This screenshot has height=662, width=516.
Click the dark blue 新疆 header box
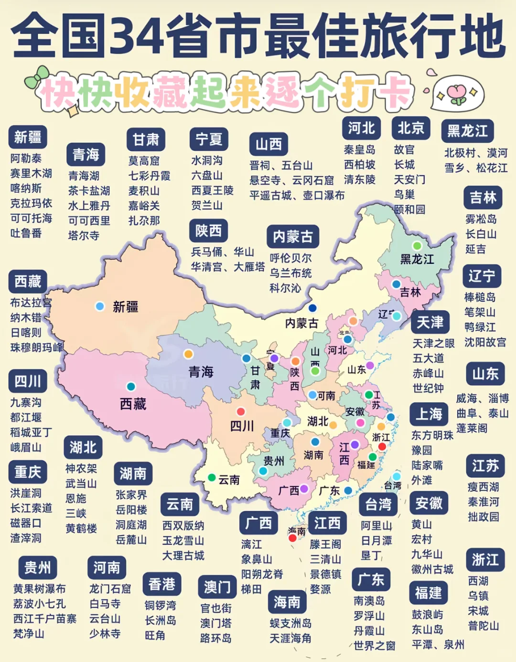[28, 137]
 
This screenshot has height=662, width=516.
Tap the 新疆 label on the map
[126, 307]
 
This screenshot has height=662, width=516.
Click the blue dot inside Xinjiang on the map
[100, 306]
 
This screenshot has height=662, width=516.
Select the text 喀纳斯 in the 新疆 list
[26, 188]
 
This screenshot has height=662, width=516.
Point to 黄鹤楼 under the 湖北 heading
[81, 528]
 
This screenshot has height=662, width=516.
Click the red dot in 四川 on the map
[241, 411]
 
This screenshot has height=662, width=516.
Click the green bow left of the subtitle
[38, 77]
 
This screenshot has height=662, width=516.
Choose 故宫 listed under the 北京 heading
[404, 149]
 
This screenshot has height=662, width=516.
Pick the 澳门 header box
[217, 587]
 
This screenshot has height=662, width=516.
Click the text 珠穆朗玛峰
[37, 347]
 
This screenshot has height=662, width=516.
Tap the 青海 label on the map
[201, 372]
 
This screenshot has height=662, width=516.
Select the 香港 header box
[162, 584]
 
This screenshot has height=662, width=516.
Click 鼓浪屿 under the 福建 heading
[428, 615]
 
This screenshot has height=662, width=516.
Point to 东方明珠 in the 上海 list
[432, 435]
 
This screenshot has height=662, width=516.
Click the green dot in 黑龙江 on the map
[417, 246]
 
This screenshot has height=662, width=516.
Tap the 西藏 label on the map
[133, 404]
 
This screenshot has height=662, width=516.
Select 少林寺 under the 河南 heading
[105, 634]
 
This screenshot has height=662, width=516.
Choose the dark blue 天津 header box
[430, 323]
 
